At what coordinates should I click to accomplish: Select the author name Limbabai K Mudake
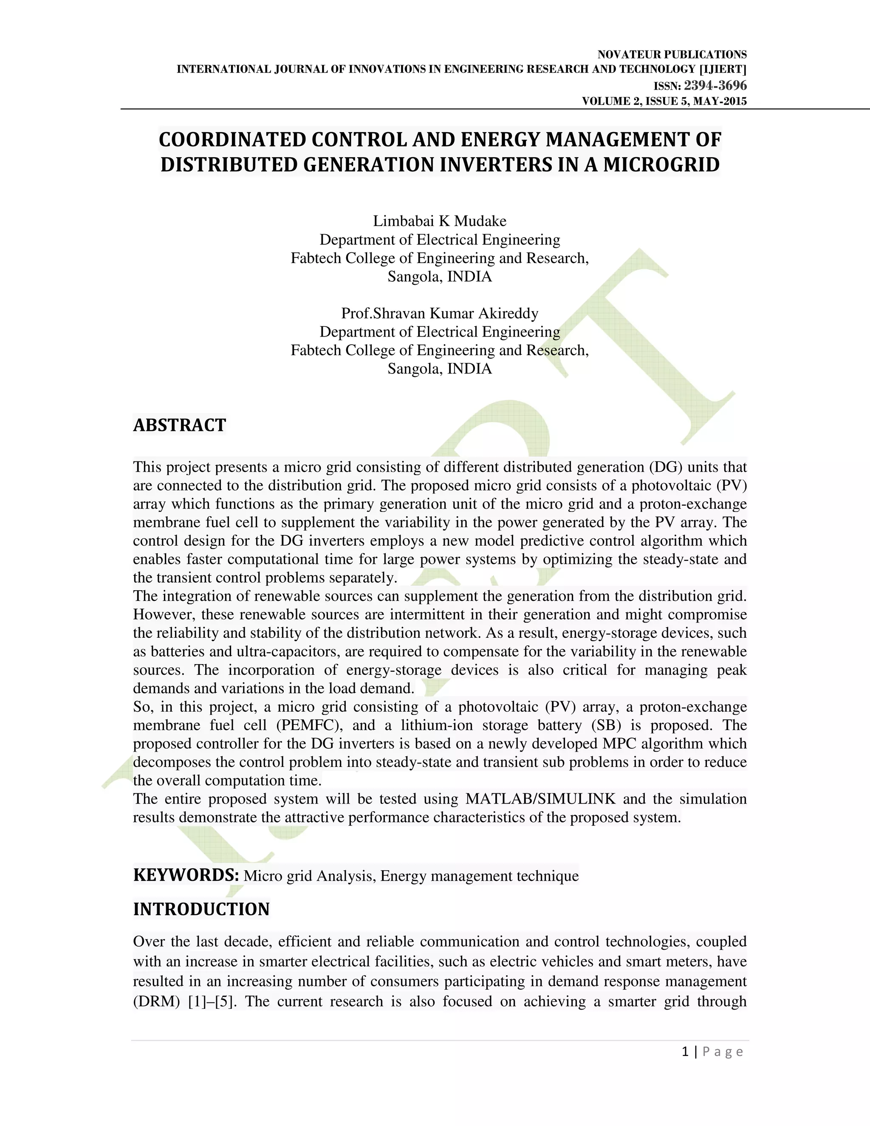point(440,221)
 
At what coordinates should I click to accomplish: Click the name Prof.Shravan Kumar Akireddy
point(440,314)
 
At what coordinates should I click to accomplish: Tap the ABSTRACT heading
point(179,425)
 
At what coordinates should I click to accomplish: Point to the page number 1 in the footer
point(685,1052)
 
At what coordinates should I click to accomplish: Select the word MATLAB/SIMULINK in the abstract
point(541,799)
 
